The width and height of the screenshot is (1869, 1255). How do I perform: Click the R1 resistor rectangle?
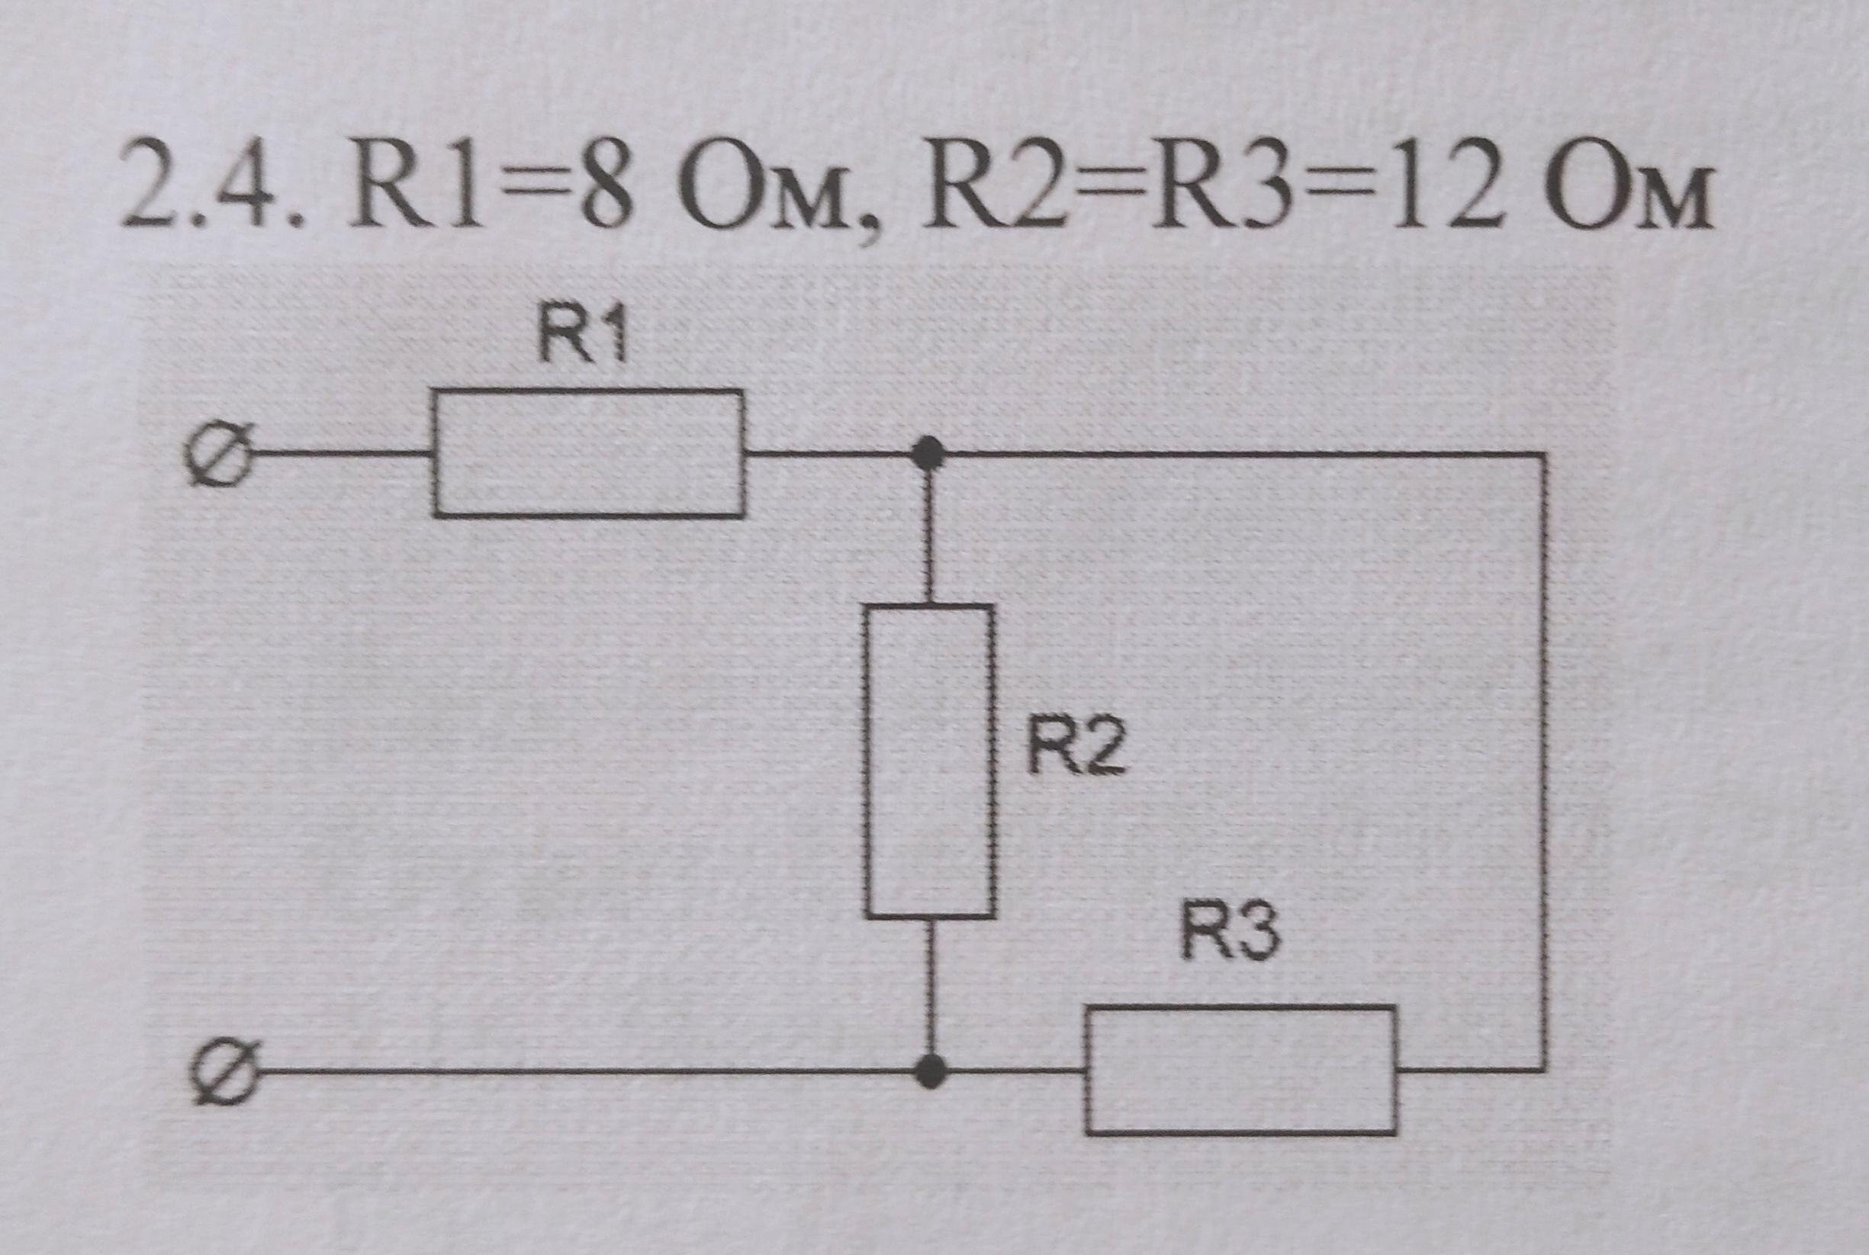point(589,454)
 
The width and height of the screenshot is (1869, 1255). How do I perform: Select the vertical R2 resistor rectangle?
point(930,761)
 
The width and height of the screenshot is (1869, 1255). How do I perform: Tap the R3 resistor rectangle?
point(1241,1070)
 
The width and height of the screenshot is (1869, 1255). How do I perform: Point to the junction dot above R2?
point(928,454)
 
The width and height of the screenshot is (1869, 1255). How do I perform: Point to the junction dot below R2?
point(930,1071)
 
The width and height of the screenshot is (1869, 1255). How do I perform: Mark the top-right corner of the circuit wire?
point(1542,455)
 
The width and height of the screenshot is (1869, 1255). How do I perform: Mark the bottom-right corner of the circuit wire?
point(1543,1070)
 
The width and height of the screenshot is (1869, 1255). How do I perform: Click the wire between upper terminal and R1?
point(340,454)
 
